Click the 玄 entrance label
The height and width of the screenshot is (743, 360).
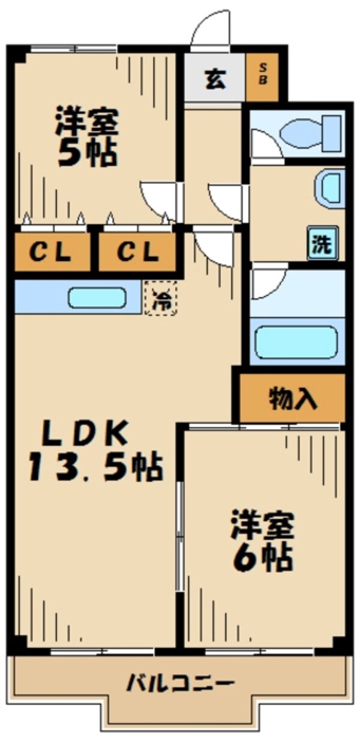[x=215, y=80]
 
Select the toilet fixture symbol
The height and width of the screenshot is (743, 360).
[x=311, y=133]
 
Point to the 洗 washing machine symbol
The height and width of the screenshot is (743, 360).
[x=323, y=243]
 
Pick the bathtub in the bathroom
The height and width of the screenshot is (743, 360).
[x=296, y=342]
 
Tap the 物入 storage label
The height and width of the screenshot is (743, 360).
[x=293, y=399]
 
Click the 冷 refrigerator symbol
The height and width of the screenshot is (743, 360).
[x=161, y=298]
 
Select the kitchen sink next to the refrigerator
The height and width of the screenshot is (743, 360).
[x=97, y=298]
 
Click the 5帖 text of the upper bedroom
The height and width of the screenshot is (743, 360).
[x=87, y=154]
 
